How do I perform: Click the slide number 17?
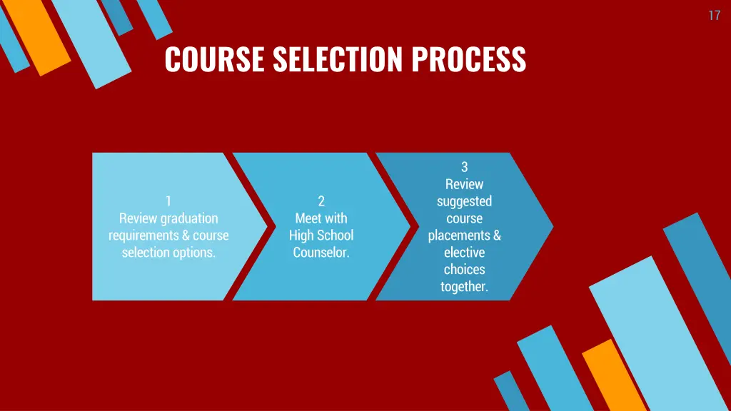click(x=714, y=16)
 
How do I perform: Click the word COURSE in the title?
click(x=206, y=59)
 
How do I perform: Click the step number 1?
click(x=168, y=201)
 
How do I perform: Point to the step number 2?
click(x=321, y=201)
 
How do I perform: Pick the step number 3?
click(x=464, y=167)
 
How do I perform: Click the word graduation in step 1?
click(x=189, y=218)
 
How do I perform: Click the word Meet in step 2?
click(x=308, y=218)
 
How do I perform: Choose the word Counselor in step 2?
click(x=321, y=253)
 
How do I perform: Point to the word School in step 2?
click(x=336, y=235)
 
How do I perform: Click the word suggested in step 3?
click(x=464, y=201)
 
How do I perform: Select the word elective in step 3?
click(x=464, y=253)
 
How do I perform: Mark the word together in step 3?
click(x=464, y=287)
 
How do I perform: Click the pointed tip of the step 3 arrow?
click(x=551, y=226)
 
